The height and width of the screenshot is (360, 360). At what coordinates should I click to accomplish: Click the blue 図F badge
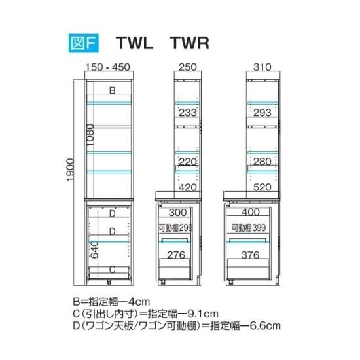[x=84, y=43]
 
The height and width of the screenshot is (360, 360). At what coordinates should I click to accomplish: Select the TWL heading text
[x=134, y=43]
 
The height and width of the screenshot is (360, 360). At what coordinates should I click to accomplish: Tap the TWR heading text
[x=189, y=43]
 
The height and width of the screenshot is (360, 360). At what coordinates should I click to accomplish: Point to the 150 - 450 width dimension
[x=108, y=67]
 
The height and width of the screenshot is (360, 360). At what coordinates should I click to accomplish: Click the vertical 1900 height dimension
[x=70, y=170]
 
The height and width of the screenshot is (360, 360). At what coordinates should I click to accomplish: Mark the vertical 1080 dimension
[x=90, y=135]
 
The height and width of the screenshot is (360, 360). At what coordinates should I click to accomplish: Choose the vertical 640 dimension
[x=94, y=249]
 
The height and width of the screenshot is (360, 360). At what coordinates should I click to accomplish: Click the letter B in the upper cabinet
[x=113, y=90]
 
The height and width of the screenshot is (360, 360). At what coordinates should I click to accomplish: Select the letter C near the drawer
[x=113, y=269]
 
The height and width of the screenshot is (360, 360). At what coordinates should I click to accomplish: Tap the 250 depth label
[x=188, y=67]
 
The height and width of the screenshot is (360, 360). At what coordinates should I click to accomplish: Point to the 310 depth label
[x=262, y=67]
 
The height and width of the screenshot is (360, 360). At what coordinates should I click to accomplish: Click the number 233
[x=188, y=113]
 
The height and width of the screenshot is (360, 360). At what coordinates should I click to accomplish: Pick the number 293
[x=262, y=113]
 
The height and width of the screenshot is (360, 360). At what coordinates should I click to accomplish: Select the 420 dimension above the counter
[x=188, y=187]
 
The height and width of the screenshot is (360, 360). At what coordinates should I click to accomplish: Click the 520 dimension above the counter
[x=262, y=187]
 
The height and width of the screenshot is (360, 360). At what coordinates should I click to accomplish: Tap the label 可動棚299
[x=175, y=228]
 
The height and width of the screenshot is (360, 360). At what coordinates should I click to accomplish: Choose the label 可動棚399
[x=249, y=228]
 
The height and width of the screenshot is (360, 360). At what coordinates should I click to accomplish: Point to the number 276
[x=176, y=255]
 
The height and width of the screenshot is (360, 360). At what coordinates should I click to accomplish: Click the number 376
[x=250, y=255]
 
